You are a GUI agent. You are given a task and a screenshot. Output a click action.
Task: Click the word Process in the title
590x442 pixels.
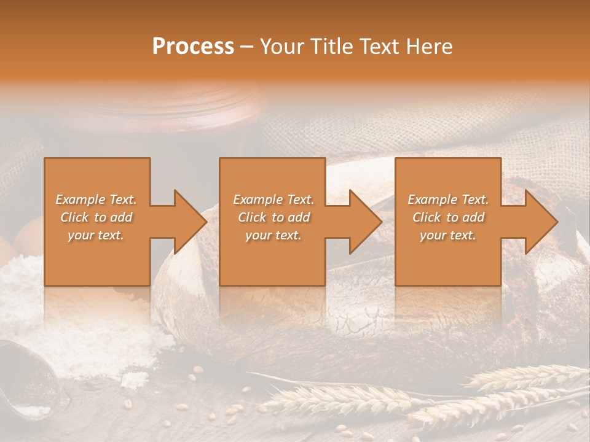point(193,47)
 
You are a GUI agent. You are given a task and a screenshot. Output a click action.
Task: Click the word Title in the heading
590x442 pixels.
point(329,47)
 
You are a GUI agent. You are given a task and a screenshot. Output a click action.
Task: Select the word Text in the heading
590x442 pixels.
point(379,47)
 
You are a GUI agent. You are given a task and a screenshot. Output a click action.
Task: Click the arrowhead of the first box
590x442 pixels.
point(190,222)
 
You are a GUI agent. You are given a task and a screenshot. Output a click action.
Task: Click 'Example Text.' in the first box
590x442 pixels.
point(96,200)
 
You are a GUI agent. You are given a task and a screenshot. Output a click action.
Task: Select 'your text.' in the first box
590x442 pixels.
point(96,235)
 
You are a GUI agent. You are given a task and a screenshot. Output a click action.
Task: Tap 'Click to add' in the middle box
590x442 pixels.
point(273,217)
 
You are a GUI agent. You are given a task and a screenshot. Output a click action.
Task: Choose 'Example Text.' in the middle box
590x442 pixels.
point(273,200)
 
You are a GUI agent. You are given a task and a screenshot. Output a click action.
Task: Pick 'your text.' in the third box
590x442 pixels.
point(448,235)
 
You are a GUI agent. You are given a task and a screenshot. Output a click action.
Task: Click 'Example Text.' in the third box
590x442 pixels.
point(448,200)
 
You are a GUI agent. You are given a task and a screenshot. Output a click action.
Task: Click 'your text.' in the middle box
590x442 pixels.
point(273,235)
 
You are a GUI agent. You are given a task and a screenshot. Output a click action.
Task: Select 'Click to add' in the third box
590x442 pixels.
point(448,217)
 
